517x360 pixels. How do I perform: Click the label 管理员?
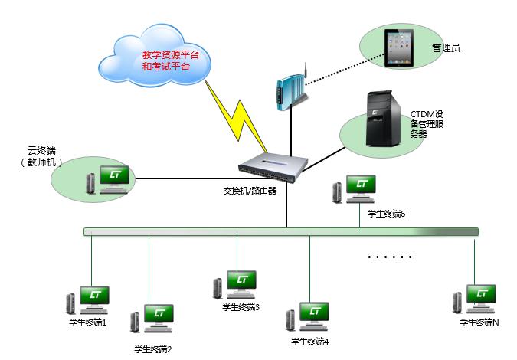[446, 47]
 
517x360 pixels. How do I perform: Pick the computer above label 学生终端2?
[153, 318]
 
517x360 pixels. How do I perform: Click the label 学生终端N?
[479, 323]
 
